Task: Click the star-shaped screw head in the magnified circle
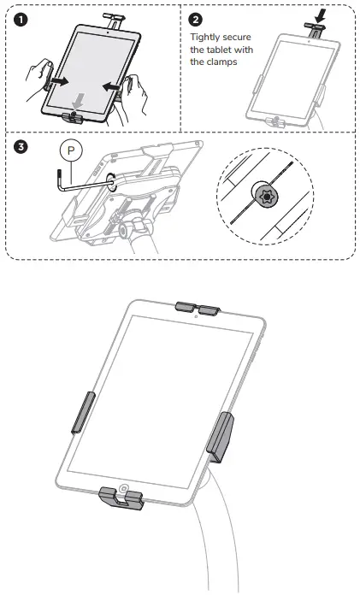tap(267, 197)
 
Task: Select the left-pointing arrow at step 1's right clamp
tap(114, 85)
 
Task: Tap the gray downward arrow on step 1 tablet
tap(79, 100)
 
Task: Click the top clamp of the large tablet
tap(198, 306)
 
